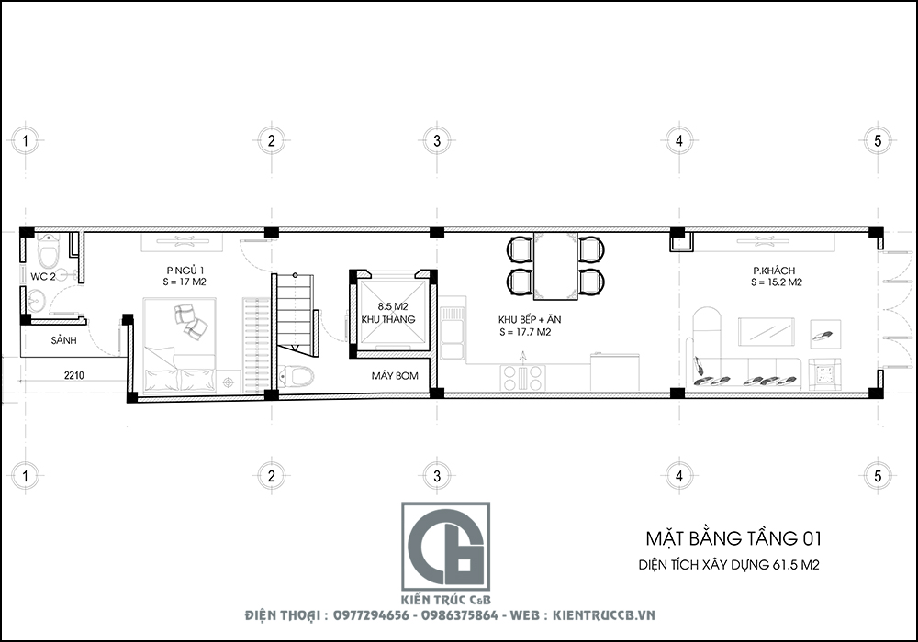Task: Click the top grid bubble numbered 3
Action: point(437,140)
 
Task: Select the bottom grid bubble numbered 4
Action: point(678,477)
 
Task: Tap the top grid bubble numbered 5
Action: point(878,140)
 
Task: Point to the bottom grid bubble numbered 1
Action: point(28,477)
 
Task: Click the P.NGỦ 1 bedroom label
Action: point(185,270)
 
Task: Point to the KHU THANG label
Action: point(388,319)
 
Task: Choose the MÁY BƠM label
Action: point(390,376)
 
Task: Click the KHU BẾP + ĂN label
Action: point(528,319)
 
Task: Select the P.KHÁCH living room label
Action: point(774,271)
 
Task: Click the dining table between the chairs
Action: point(556,266)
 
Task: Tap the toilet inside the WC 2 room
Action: point(48,248)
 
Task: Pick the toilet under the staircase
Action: point(297,376)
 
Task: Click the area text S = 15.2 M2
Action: point(776,283)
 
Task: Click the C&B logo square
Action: point(445,546)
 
